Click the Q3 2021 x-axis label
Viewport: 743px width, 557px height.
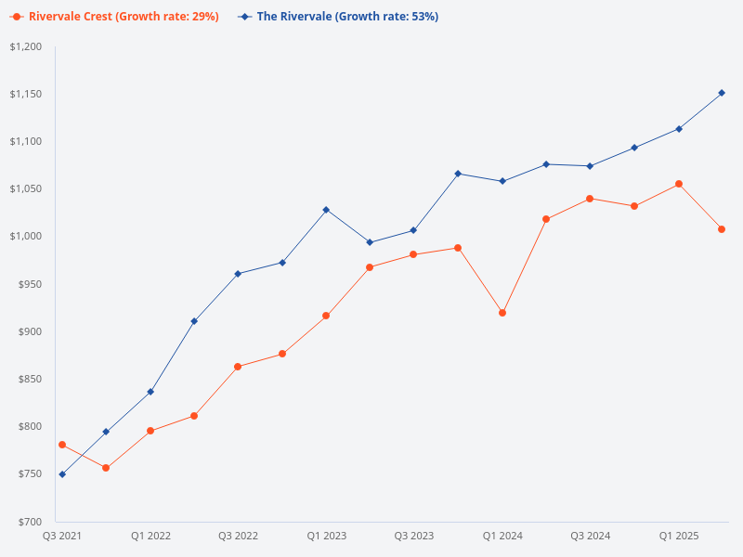pyautogui.click(x=62, y=536)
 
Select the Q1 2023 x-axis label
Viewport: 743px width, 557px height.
pyautogui.click(x=326, y=536)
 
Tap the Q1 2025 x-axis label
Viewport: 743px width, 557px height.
pyautogui.click(x=678, y=536)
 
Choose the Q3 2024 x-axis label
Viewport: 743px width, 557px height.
pyautogui.click(x=590, y=536)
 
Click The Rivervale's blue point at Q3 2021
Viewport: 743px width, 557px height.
pyautogui.click(x=62, y=474)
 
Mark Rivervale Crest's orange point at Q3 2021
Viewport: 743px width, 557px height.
pyautogui.click(x=62, y=445)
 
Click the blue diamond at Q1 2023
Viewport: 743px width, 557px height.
pyautogui.click(x=326, y=210)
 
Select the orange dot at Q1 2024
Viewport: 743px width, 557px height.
pyautogui.click(x=502, y=313)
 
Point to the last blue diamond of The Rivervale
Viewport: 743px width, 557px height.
pyautogui.click(x=722, y=93)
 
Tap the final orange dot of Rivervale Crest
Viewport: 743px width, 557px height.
pyautogui.click(x=722, y=229)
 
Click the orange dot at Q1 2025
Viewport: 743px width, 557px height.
pyautogui.click(x=678, y=184)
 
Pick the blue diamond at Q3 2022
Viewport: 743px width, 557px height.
pyautogui.click(x=238, y=274)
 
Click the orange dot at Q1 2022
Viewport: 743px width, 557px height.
pyautogui.click(x=150, y=431)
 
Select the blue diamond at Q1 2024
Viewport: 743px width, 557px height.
pyautogui.click(x=502, y=181)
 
